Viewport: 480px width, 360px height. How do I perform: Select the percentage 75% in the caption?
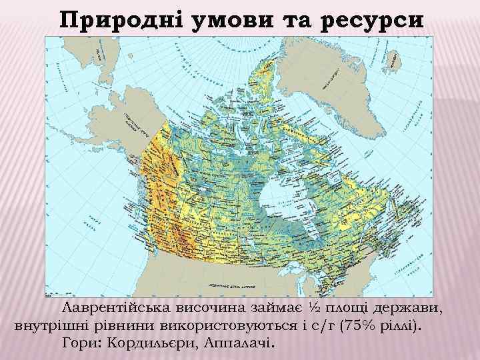tap(360, 327)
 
